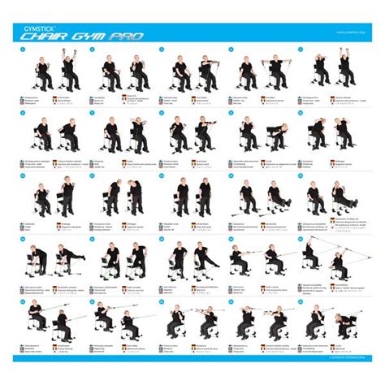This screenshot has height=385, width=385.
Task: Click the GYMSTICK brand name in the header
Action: coord(33,25)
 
